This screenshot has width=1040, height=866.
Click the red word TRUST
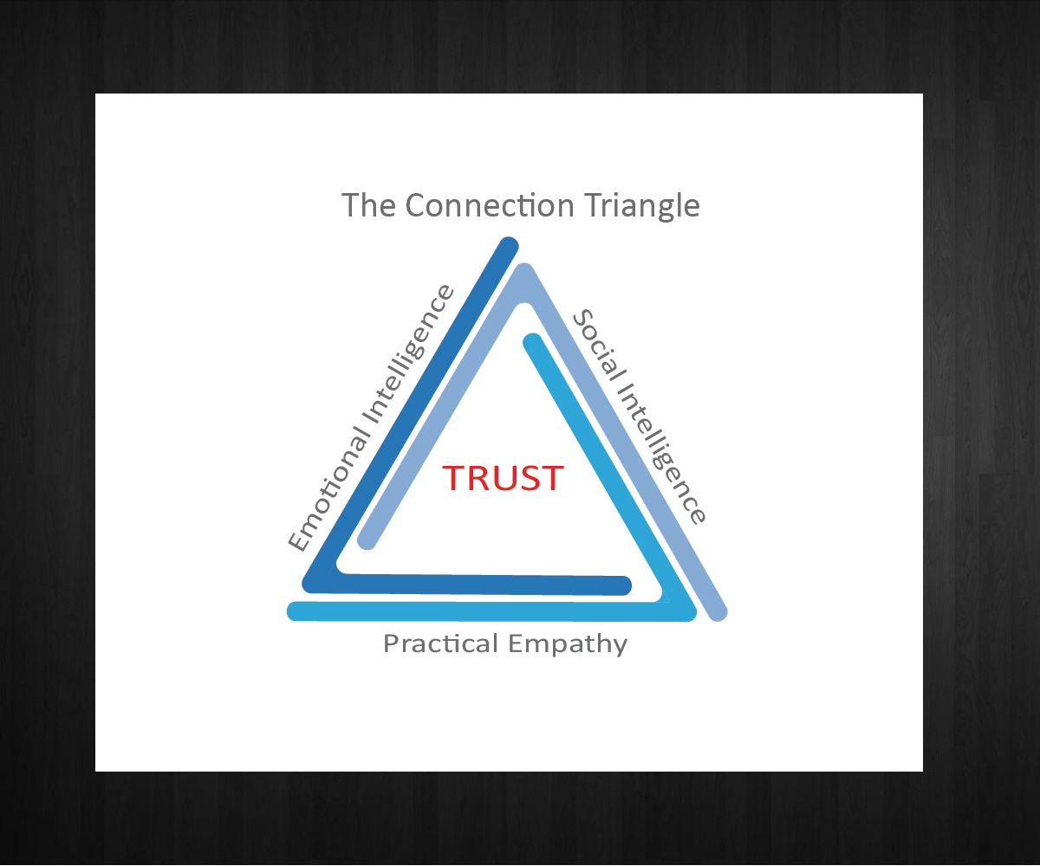[504, 478]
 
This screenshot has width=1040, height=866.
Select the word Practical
[441, 644]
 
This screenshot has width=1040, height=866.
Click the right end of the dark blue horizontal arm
[622, 585]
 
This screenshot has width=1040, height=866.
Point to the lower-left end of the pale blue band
[367, 540]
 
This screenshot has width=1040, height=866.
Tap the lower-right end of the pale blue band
[718, 611]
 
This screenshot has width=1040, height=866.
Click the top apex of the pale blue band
[525, 275]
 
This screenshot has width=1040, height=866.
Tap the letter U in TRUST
[513, 478]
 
